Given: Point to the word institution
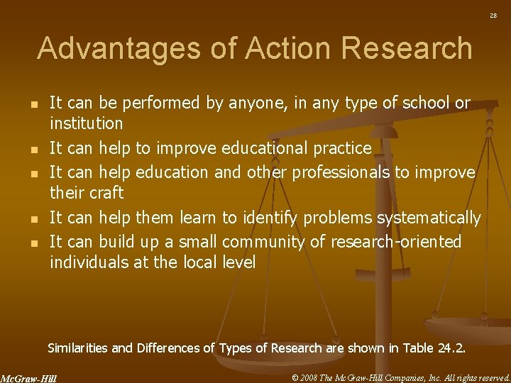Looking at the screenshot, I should pos(86,123).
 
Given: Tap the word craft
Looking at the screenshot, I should pos(108,192).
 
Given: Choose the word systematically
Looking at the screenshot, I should pos(429,217).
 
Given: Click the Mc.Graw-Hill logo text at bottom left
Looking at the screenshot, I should pos(28,377).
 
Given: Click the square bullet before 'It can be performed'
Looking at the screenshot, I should pos(34,104).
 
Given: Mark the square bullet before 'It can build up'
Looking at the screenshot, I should pos(34,243).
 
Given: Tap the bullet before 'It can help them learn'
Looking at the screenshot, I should pos(34,218).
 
